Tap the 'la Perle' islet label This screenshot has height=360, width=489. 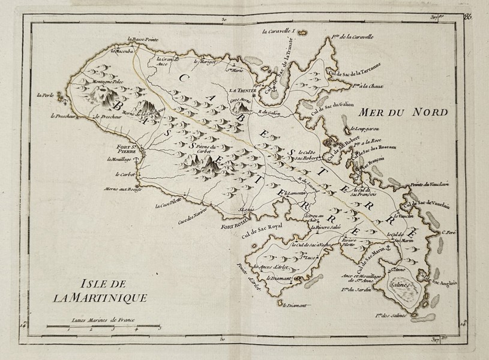tap(43, 94)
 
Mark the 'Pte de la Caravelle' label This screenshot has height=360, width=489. tap(351, 37)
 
